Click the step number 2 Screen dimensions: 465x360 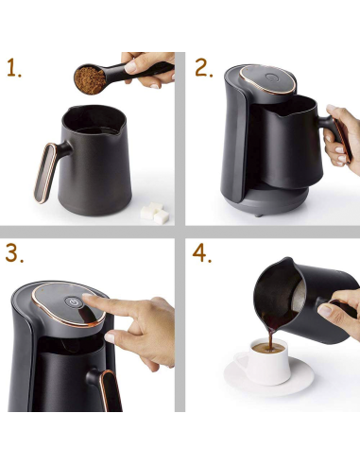[x=203, y=68]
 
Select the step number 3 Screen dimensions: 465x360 [x=14, y=253]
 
